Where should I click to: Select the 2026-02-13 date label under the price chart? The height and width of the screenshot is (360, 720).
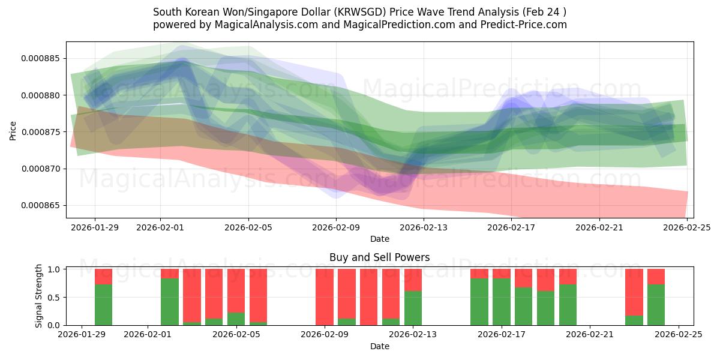tap(424, 228)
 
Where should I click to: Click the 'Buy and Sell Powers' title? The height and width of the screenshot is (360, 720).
tap(379, 257)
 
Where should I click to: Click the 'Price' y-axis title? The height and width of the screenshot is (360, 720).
tap(13, 130)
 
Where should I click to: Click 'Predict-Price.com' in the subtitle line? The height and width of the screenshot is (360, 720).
tap(524, 25)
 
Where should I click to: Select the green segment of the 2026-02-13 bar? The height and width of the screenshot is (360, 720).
tap(413, 308)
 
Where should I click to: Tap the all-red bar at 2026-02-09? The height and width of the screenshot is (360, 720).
tap(325, 297)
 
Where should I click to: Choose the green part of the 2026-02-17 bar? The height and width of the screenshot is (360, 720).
tap(501, 302)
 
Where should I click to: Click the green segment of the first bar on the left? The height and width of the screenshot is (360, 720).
tap(103, 305)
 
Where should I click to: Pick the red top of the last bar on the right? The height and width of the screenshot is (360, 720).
tap(656, 276)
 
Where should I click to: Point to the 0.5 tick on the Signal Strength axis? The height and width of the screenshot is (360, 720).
tap(54, 298)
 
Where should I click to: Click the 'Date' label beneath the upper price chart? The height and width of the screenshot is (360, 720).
tap(379, 239)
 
